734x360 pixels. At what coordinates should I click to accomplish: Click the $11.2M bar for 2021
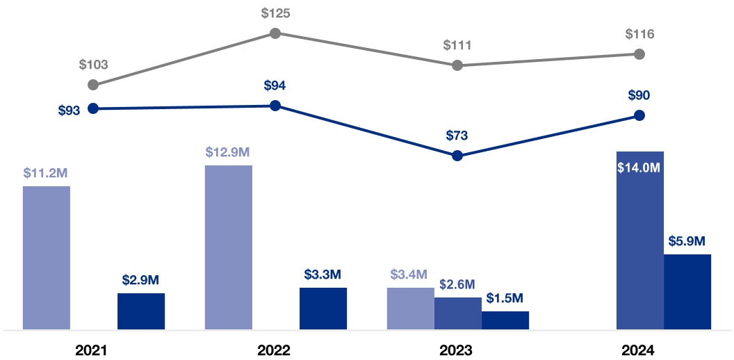(x=47, y=257)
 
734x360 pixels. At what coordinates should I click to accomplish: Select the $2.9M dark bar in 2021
(x=141, y=311)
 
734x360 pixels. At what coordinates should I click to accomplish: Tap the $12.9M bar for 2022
(x=229, y=247)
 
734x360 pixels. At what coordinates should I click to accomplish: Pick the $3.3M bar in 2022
(x=323, y=308)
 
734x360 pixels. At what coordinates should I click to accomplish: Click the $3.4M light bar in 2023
(x=411, y=308)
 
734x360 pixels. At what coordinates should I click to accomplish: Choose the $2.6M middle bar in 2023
(x=458, y=313)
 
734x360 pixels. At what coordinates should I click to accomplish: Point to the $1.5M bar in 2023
(x=505, y=320)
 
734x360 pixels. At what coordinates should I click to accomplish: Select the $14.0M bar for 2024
(x=640, y=240)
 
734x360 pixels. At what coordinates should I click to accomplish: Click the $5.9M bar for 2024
(x=687, y=291)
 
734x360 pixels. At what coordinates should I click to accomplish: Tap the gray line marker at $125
(x=275, y=33)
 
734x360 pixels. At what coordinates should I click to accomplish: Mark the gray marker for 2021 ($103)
(x=93, y=85)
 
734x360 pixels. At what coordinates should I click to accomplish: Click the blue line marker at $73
(x=457, y=156)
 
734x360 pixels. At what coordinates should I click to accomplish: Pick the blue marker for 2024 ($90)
(x=640, y=115)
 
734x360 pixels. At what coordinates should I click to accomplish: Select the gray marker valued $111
(x=457, y=65)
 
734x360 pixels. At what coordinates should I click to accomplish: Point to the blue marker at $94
(x=275, y=106)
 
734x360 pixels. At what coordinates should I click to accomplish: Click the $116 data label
(x=640, y=34)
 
